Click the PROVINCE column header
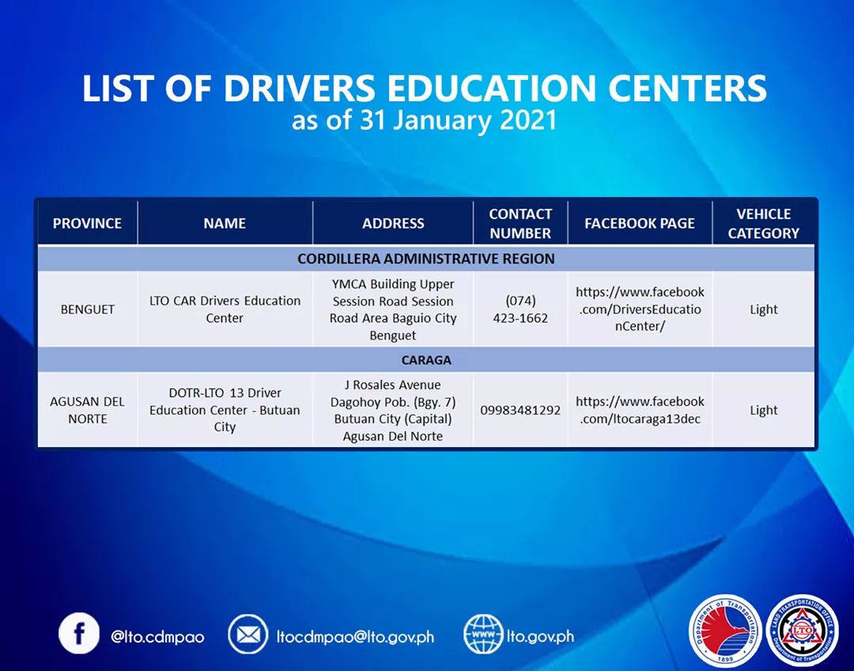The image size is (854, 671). pyautogui.click(x=87, y=224)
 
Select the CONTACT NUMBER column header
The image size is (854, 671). pyautogui.click(x=520, y=224)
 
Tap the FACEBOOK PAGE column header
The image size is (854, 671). pyautogui.click(x=640, y=224)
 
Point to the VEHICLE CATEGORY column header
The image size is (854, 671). pyautogui.click(x=763, y=224)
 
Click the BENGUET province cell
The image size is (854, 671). pyautogui.click(x=87, y=309)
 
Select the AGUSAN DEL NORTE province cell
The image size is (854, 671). pyautogui.click(x=87, y=410)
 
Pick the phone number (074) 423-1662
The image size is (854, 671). pyautogui.click(x=520, y=309)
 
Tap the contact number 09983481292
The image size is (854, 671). pyautogui.click(x=520, y=410)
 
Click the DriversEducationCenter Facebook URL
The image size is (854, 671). pyautogui.click(x=640, y=309)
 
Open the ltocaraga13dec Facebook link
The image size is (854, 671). pyautogui.click(x=640, y=410)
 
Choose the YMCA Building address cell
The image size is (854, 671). pyautogui.click(x=393, y=309)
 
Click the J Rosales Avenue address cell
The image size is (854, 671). pyautogui.click(x=393, y=410)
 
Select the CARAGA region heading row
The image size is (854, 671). pyautogui.click(x=426, y=360)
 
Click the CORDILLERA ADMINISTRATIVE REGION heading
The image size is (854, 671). pyautogui.click(x=426, y=259)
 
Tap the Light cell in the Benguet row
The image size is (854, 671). pyautogui.click(x=763, y=309)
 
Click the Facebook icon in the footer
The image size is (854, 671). pyautogui.click(x=79, y=634)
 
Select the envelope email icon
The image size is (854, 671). pyautogui.click(x=248, y=635)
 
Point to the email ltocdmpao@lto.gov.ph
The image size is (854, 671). pyautogui.click(x=355, y=636)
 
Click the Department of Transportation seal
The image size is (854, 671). pyautogui.click(x=725, y=631)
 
